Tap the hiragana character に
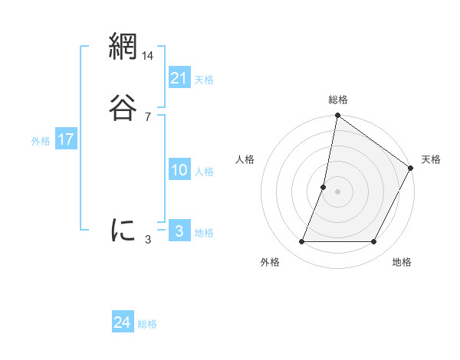[123, 230]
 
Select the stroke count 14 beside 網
[148, 56]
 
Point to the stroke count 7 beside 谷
[148, 117]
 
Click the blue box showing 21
[179, 78]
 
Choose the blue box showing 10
[179, 170]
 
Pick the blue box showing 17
[66, 139]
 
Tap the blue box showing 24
[123, 322]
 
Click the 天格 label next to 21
[204, 80]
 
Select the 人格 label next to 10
[204, 172]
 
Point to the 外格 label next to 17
[41, 141]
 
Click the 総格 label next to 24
[147, 324]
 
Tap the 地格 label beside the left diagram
[204, 233]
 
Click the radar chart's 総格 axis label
[338, 100]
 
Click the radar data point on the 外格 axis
[301, 242]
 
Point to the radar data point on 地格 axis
[374, 242]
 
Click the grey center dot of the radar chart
[338, 191]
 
